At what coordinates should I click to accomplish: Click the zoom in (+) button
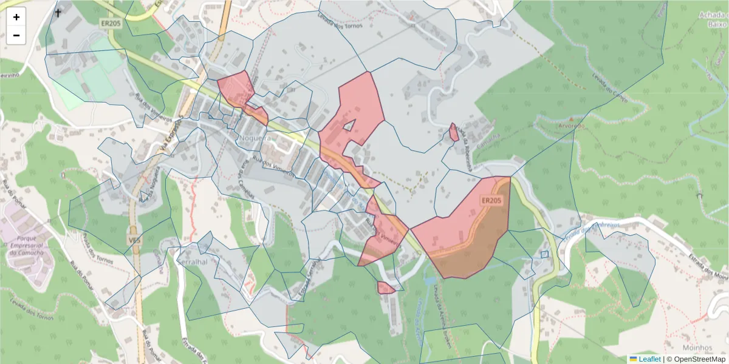[16, 17]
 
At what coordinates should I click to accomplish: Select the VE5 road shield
[134, 240]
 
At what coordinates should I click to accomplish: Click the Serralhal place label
[193, 261]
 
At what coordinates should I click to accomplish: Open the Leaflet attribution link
[649, 359]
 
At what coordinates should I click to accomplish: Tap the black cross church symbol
[58, 13]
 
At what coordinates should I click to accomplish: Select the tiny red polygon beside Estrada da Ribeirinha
[454, 132]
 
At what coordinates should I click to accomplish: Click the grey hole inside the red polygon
[349, 125]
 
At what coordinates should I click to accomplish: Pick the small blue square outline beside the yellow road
[544, 254]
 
